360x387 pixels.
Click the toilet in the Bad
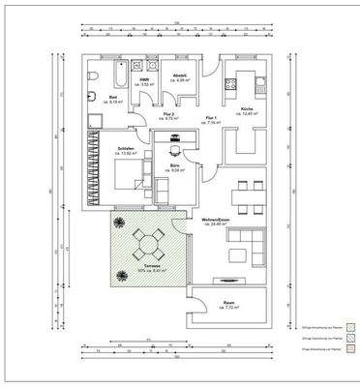coord(90,75)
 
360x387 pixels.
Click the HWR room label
coord(144,82)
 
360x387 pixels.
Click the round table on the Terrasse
coord(150,240)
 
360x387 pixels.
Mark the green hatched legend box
coord(352,326)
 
